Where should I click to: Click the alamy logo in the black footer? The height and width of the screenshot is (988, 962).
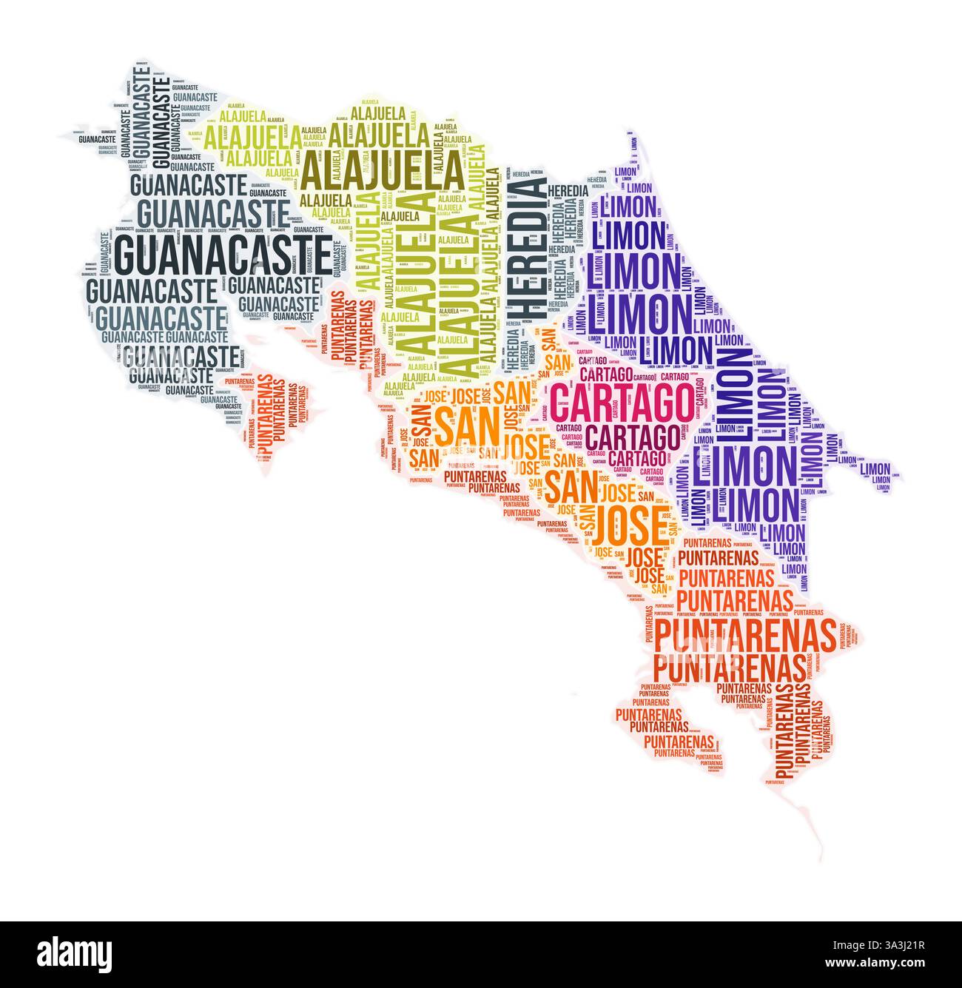tap(74, 952)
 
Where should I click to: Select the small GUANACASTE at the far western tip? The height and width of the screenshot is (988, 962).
tap(96, 138)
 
